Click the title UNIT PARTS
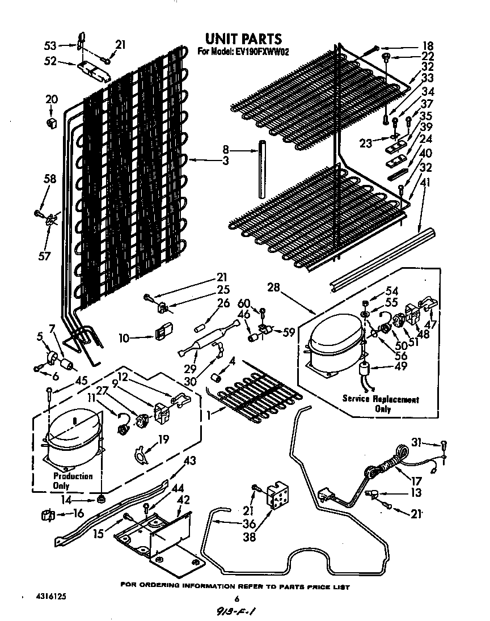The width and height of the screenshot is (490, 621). pos(243,39)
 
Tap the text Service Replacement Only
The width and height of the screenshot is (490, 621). pos(381,404)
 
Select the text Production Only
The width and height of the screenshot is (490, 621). pos(73,481)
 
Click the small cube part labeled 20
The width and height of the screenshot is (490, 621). pos(52,122)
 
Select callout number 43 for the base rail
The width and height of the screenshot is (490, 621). pos(191,461)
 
